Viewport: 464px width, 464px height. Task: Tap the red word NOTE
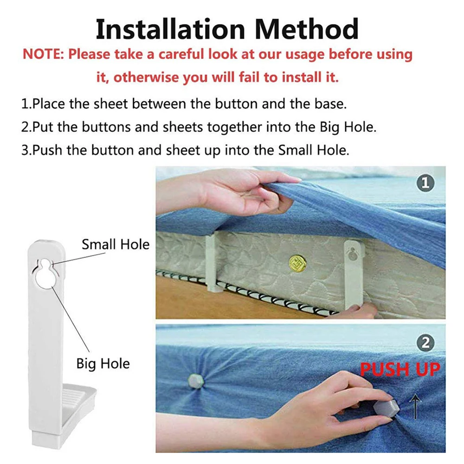[43, 54]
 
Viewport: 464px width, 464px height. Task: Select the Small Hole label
[116, 245]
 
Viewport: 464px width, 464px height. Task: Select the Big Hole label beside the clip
[103, 364]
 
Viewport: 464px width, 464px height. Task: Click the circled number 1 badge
[425, 183]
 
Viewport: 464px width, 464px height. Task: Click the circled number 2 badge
[425, 343]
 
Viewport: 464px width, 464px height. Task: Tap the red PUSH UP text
[400, 369]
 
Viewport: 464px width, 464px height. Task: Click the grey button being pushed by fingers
[386, 408]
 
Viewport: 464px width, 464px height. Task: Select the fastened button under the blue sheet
[196, 381]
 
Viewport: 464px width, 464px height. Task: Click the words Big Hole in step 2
[348, 127]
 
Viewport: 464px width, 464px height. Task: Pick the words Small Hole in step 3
[314, 150]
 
